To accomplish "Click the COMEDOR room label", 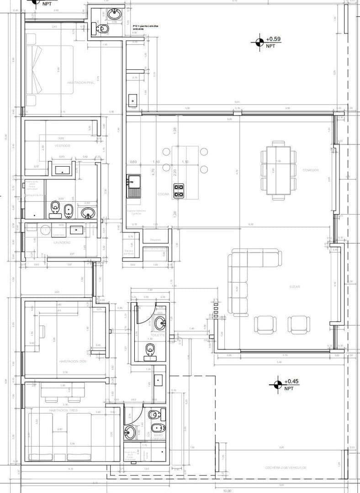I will [310, 170].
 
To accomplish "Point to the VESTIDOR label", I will [62, 146].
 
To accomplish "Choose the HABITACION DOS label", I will [73, 361].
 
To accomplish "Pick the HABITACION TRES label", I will [64, 410].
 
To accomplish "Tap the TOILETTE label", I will [158, 335].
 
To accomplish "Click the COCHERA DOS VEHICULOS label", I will [286, 468].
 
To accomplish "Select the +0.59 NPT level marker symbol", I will [259, 42].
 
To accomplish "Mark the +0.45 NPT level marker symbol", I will [276, 384].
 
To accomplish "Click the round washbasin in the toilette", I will [160, 324].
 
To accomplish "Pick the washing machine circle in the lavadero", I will [45, 230].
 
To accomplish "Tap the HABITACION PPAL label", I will [80, 83].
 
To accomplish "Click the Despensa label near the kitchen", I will [155, 240].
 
